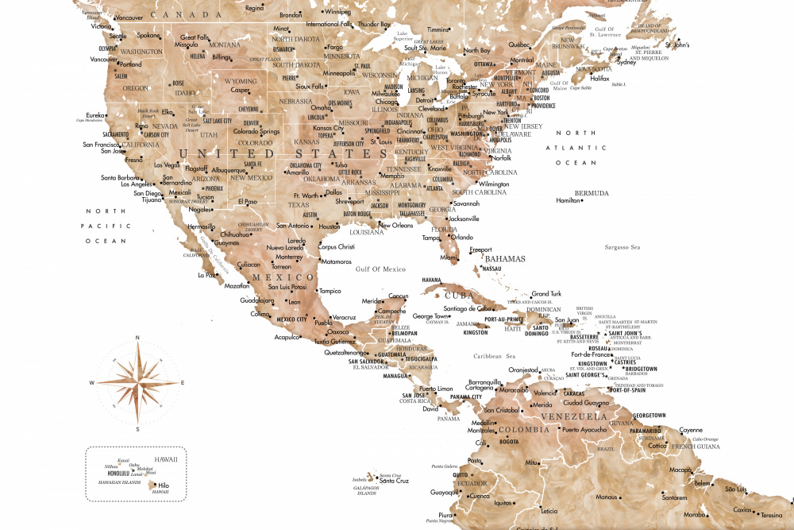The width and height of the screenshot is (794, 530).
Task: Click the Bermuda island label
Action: point(592,193)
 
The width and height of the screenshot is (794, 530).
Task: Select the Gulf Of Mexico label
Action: point(380,269)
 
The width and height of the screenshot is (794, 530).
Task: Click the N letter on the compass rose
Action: point(137,338)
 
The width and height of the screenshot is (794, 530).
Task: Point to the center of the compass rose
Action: point(137,383)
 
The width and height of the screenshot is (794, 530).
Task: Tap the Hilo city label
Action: point(164,485)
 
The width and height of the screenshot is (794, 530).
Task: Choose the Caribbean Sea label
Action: point(495,356)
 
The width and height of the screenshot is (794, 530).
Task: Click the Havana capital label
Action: point(431,280)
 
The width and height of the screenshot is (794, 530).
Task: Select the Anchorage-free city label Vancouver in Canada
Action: point(129,17)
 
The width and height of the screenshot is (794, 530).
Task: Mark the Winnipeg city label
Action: point(337,12)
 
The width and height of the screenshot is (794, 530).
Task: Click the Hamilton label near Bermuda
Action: point(568,201)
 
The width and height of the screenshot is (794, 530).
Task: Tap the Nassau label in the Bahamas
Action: point(492,269)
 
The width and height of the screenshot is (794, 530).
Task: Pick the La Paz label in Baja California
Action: point(206,276)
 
